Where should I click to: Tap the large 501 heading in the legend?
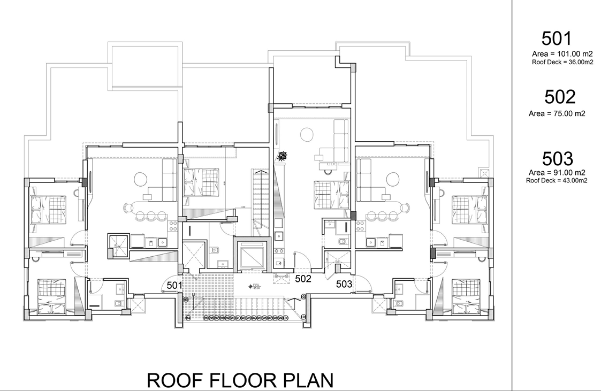(557, 39)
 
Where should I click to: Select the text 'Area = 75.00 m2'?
(557, 113)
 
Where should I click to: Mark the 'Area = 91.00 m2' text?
(557, 172)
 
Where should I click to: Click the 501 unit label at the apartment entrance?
(172, 286)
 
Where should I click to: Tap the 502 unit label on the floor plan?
(303, 278)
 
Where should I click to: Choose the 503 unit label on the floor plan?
(344, 284)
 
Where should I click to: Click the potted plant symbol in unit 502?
(282, 157)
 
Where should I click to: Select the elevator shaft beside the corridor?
(252, 255)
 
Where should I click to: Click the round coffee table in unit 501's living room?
(140, 178)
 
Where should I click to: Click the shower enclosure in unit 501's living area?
(118, 246)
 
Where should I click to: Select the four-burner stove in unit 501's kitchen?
(173, 225)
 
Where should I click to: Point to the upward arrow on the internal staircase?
(261, 172)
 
